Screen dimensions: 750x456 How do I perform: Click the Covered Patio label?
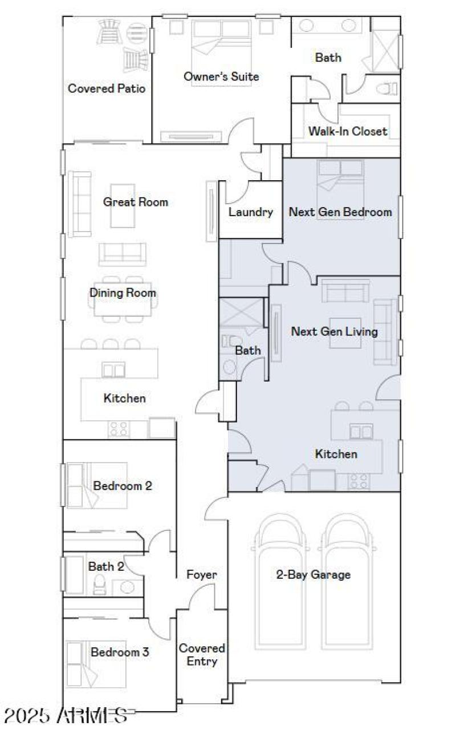click(106, 88)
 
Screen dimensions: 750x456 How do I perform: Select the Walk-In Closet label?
click(348, 131)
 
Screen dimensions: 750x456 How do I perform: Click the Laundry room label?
click(251, 212)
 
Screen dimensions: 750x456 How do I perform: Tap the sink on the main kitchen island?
click(113, 370)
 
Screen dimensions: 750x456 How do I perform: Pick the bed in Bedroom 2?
click(85, 485)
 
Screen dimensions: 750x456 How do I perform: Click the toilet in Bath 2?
click(100, 585)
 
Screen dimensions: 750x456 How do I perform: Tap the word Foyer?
click(202, 574)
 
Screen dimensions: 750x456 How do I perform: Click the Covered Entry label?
click(202, 655)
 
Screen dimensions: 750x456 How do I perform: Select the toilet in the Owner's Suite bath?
click(389, 88)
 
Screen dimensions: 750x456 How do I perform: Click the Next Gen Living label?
click(334, 331)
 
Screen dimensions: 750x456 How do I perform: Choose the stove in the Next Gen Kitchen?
click(359, 481)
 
